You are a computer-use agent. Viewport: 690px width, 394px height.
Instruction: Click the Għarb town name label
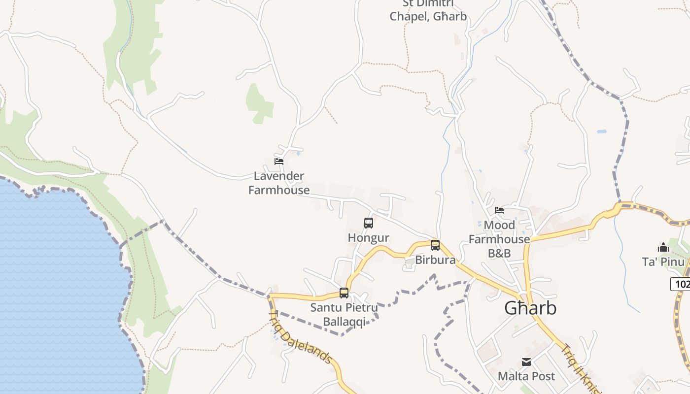pyautogui.click(x=530, y=308)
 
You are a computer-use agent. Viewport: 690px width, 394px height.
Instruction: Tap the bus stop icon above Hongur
pyautogui.click(x=369, y=223)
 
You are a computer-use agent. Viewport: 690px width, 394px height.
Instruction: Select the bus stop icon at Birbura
pyautogui.click(x=435, y=245)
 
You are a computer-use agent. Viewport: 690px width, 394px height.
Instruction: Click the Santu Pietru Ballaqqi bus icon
pyautogui.click(x=344, y=293)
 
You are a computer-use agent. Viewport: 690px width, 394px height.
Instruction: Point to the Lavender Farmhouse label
pyautogui.click(x=279, y=183)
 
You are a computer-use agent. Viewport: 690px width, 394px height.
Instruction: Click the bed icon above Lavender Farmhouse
pyautogui.click(x=279, y=161)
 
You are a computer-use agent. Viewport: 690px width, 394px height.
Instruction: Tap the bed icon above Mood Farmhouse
pyautogui.click(x=499, y=210)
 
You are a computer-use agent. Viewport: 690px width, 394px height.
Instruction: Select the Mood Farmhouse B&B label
pyautogui.click(x=499, y=239)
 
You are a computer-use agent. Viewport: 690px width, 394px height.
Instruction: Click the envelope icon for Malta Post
pyautogui.click(x=526, y=362)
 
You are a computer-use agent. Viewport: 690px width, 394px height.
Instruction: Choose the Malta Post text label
pyautogui.click(x=526, y=376)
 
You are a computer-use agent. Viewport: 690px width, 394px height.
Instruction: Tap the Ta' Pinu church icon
pyautogui.click(x=663, y=247)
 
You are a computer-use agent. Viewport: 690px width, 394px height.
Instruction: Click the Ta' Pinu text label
pyautogui.click(x=663, y=261)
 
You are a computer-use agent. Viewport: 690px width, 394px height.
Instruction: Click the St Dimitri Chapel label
pyautogui.click(x=428, y=10)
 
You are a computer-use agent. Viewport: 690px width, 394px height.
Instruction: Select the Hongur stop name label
pyautogui.click(x=369, y=238)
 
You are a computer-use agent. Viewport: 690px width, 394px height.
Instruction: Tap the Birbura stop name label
pyautogui.click(x=435, y=260)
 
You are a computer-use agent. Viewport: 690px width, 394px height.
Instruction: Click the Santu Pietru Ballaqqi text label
pyautogui.click(x=345, y=315)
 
